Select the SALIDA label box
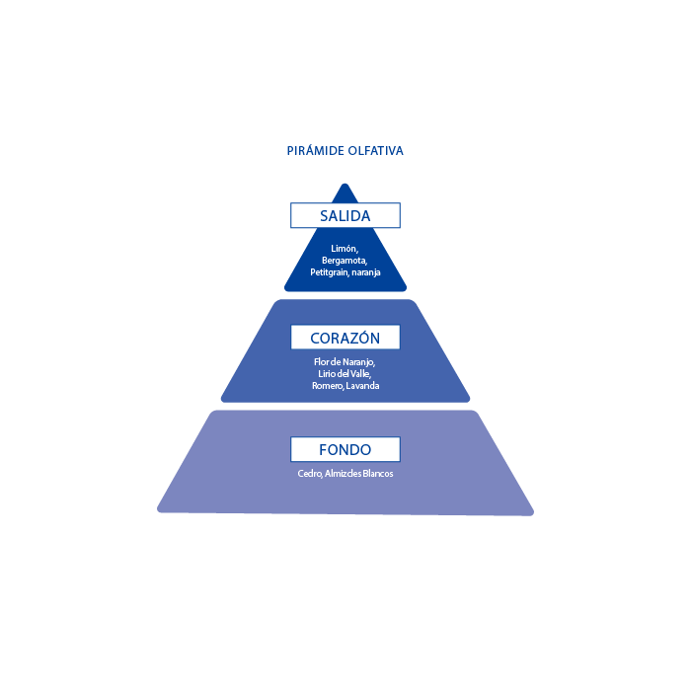(x=345, y=215)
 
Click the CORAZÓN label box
(x=345, y=338)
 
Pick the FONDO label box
(x=345, y=450)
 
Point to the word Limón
(x=345, y=248)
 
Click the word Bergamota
(x=345, y=260)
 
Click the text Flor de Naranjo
(x=345, y=362)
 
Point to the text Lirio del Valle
(x=345, y=374)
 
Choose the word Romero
(x=327, y=386)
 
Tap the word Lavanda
(x=363, y=386)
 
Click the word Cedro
(x=310, y=474)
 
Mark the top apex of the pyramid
(x=345, y=185)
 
